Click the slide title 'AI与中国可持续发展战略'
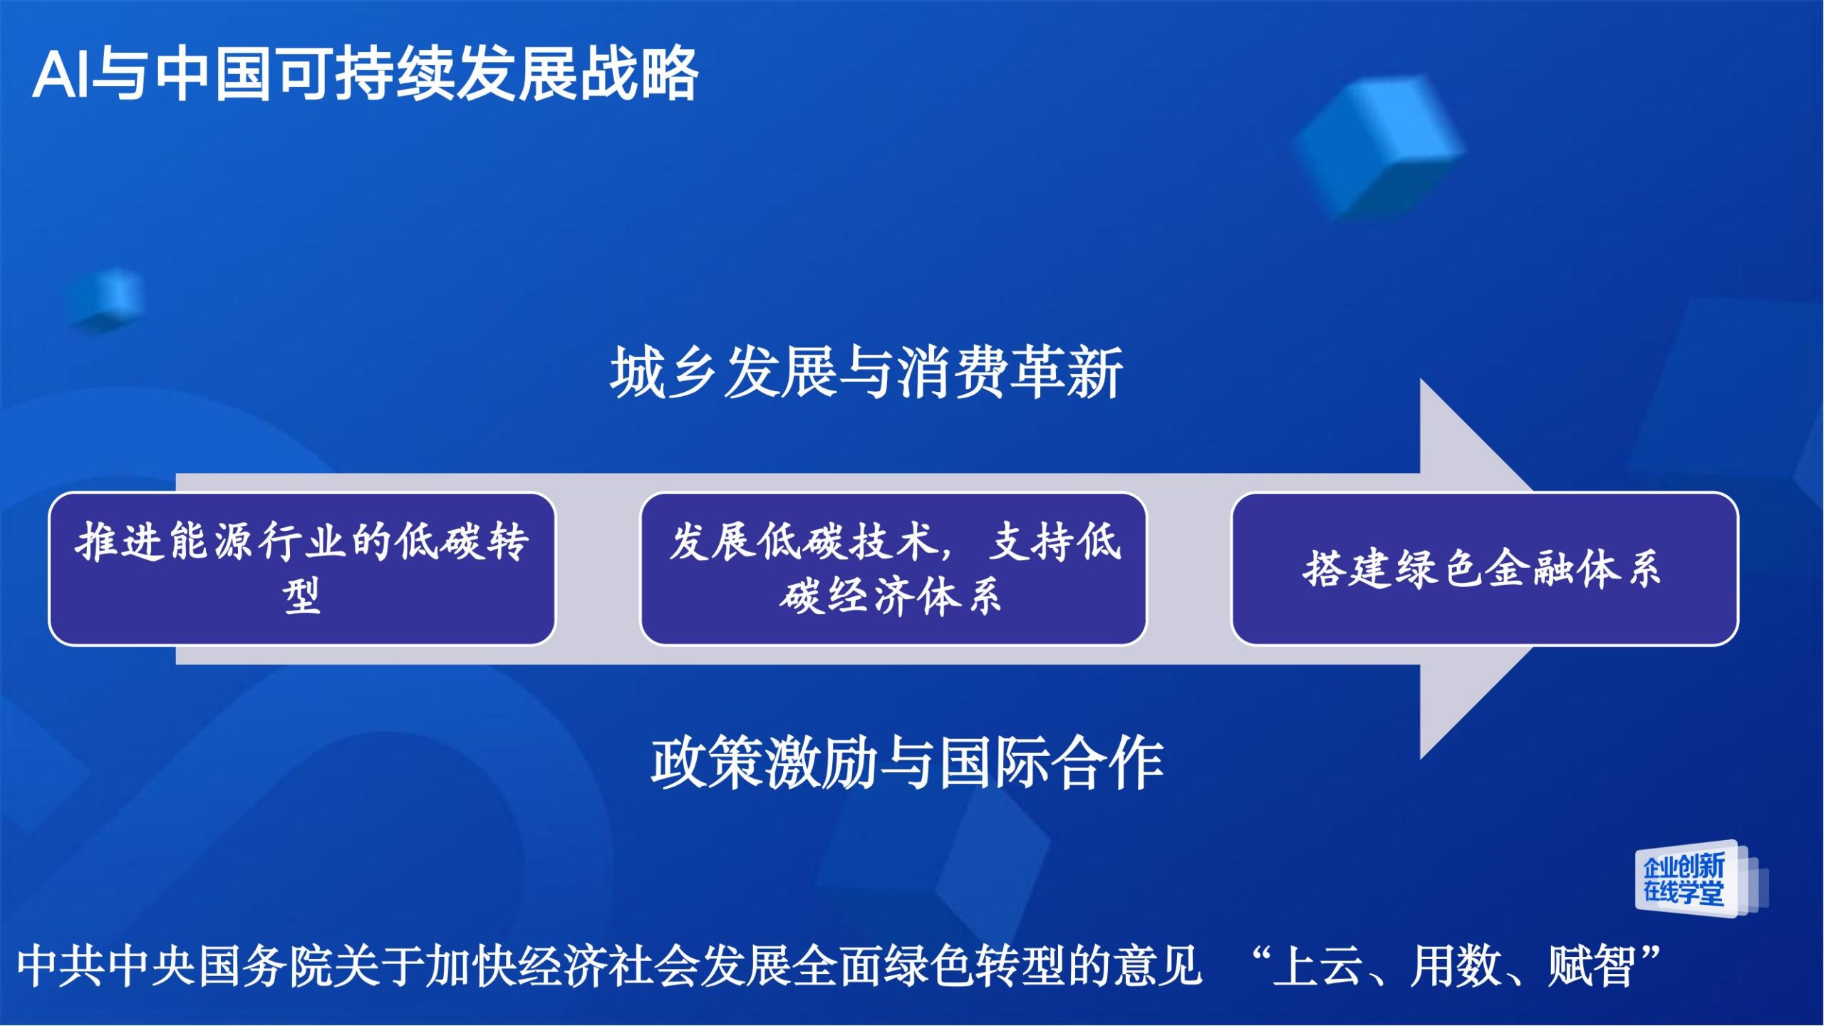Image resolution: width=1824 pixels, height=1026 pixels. coord(365,73)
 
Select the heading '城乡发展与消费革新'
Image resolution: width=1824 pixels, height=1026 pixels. coord(866,372)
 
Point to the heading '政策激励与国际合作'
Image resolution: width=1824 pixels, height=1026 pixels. coord(907,762)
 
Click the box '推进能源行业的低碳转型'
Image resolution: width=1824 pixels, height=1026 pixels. coord(302,569)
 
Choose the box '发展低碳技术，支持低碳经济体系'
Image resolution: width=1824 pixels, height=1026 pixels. coord(893,569)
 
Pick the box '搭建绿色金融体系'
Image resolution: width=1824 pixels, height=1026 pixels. coord(1485,569)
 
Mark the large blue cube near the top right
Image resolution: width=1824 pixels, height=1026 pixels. coord(1378,147)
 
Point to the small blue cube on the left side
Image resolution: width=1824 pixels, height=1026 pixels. coord(108,299)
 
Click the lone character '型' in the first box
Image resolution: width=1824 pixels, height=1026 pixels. coord(301,596)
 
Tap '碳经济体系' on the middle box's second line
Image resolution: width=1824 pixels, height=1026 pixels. coord(891,596)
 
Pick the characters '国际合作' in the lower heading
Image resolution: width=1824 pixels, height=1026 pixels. coord(1052,762)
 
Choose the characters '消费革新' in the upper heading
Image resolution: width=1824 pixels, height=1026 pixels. coord(1010,372)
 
